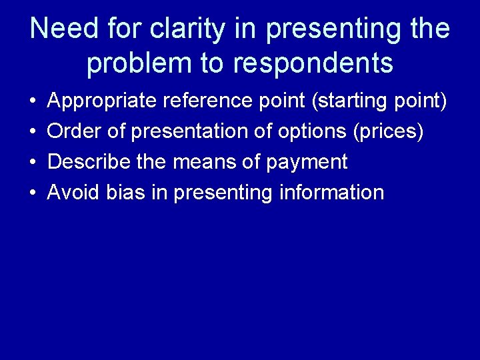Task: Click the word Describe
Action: [89, 162]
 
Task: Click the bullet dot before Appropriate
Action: [33, 102]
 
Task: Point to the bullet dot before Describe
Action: [33, 163]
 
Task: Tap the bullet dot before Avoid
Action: [33, 193]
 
